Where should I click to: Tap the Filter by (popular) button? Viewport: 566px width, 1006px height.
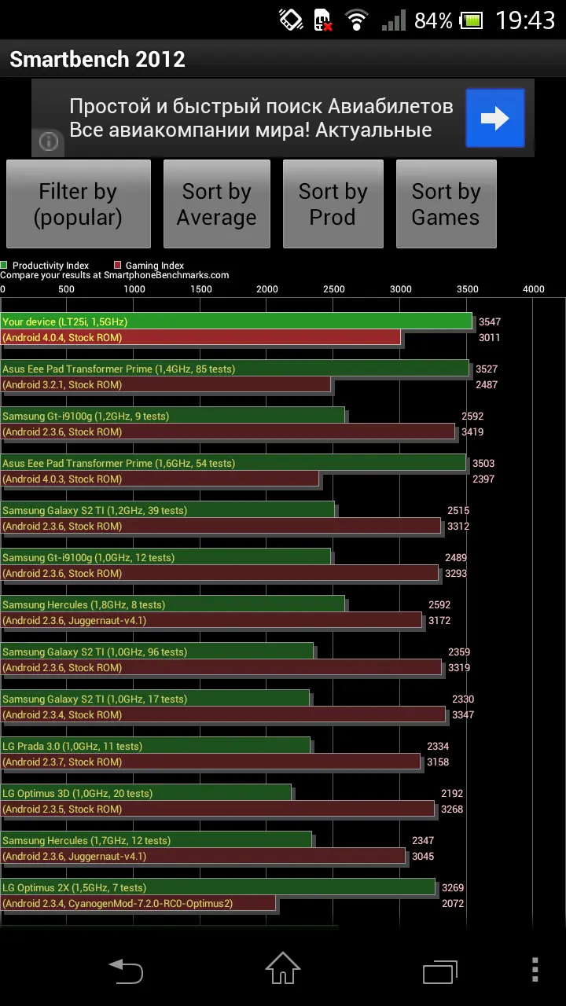click(x=79, y=204)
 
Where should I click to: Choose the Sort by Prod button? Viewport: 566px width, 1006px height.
click(x=333, y=204)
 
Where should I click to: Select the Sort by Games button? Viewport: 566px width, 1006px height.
click(x=446, y=204)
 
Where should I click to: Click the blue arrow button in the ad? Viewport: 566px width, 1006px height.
click(x=495, y=118)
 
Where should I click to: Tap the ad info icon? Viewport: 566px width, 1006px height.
click(x=49, y=142)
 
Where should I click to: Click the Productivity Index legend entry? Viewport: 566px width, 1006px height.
click(x=45, y=266)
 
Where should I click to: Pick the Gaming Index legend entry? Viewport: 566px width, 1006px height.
click(x=149, y=266)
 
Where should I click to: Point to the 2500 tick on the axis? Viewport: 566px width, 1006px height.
click(x=334, y=289)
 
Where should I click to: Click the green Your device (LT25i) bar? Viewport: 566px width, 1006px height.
click(x=237, y=321)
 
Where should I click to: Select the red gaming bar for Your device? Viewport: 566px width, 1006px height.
click(x=200, y=337)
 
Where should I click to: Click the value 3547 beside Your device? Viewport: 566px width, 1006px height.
click(x=489, y=321)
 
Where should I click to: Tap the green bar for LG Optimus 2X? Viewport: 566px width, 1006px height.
click(x=218, y=887)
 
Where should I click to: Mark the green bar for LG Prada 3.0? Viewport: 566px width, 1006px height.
click(x=156, y=746)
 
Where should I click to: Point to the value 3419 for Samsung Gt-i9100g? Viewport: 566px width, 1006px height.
click(x=472, y=431)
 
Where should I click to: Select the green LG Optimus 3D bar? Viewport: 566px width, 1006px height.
click(x=146, y=793)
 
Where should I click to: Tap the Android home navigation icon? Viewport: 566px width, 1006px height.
click(x=282, y=968)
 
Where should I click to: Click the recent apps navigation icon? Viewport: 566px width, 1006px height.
click(x=439, y=972)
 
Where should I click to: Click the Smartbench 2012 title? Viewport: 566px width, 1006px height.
click(x=97, y=59)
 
